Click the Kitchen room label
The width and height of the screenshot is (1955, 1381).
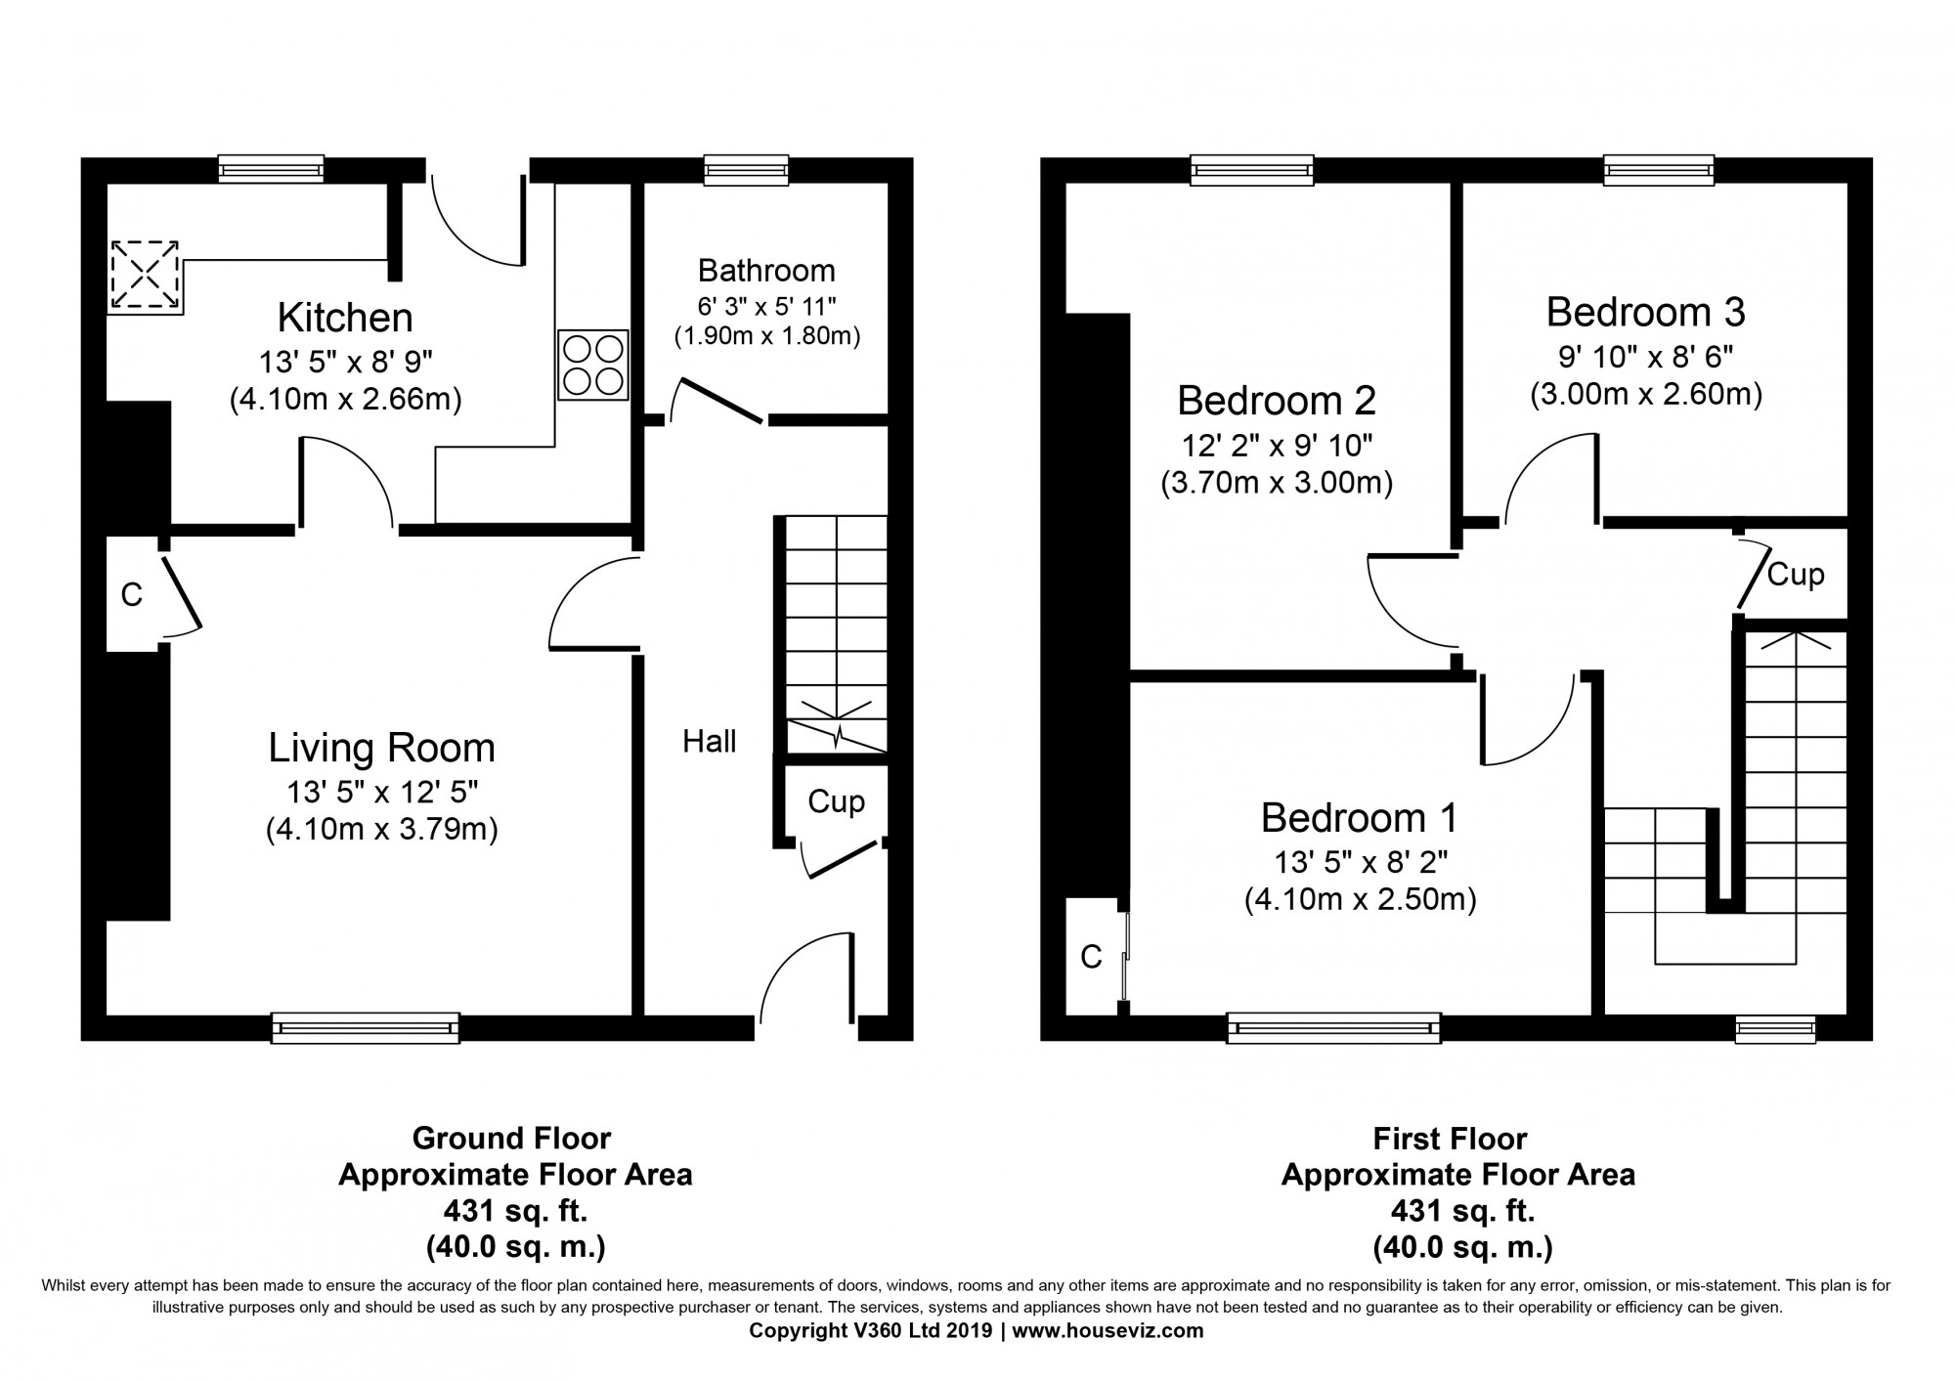click(x=345, y=319)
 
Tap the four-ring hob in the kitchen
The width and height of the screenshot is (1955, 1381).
click(x=593, y=365)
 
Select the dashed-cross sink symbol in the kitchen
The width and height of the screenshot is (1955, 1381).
click(x=145, y=277)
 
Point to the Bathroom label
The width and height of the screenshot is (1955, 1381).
click(x=766, y=270)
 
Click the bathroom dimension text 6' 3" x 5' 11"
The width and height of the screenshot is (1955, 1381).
click(x=766, y=306)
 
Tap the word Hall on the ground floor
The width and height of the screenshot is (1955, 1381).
click(x=709, y=742)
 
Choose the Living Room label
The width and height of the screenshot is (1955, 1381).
click(x=381, y=749)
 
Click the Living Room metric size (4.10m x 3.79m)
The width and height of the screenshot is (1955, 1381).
click(x=381, y=831)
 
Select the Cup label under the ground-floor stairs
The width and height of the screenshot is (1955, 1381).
click(x=836, y=802)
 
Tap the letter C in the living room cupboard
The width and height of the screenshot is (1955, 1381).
click(x=131, y=594)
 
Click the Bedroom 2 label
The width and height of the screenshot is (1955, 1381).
click(x=1276, y=401)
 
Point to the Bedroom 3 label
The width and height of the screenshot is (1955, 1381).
click(x=1645, y=313)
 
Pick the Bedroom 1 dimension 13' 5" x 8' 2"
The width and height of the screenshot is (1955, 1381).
click(x=1360, y=862)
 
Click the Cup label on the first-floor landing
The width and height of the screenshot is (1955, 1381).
click(x=1796, y=575)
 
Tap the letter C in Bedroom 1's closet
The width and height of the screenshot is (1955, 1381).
click(x=1091, y=958)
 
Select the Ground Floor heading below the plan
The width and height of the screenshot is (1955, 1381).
click(x=511, y=1139)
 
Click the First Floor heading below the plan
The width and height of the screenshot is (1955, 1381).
click(x=1450, y=1139)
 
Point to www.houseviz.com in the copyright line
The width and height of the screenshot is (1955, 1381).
click(x=1108, y=1331)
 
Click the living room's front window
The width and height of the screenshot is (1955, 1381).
click(x=365, y=1027)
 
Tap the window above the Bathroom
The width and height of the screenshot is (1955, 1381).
click(x=746, y=170)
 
